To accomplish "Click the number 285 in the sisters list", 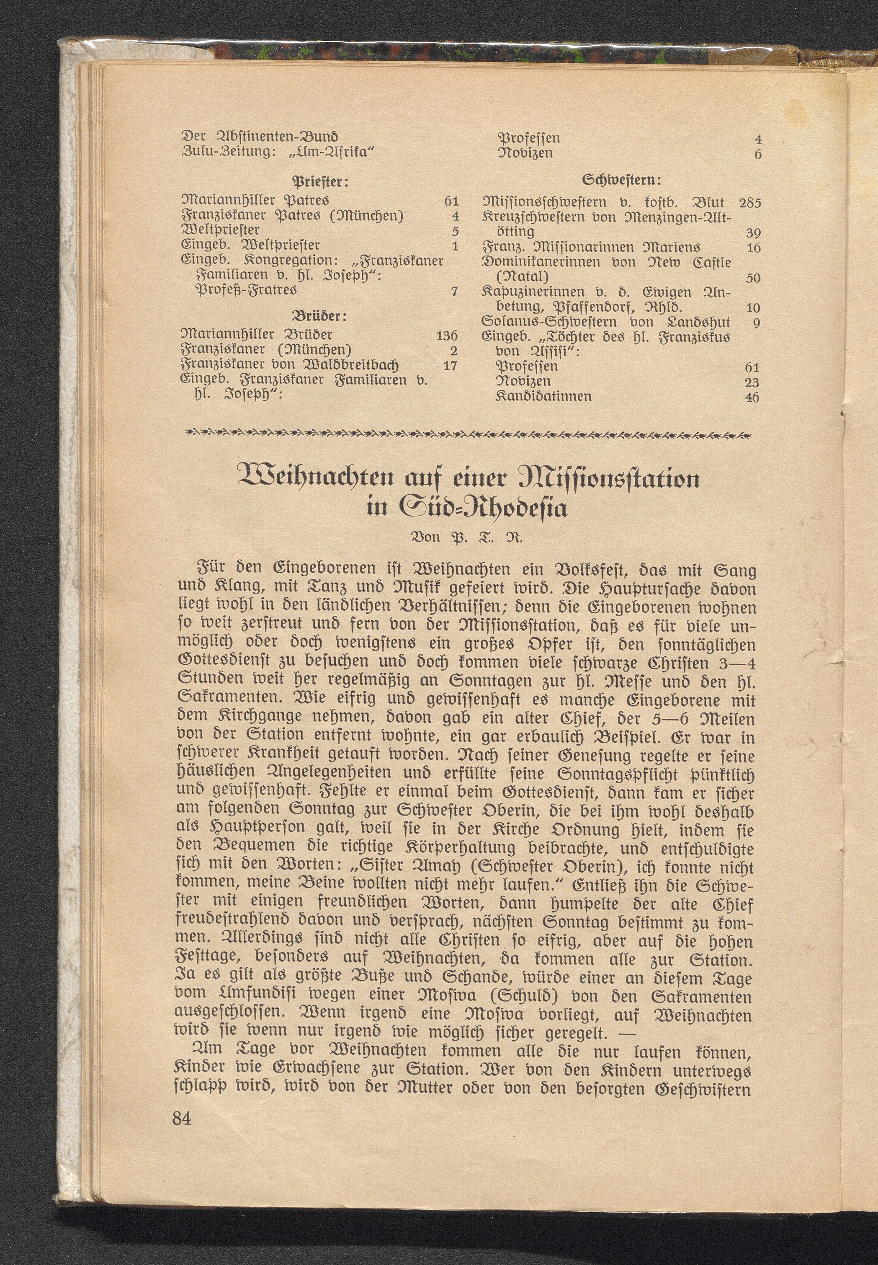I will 750,203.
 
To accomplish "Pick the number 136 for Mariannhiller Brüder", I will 446,336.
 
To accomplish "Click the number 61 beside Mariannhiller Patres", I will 451,201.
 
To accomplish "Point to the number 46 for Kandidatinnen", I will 752,397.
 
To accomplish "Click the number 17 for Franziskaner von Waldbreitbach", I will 450,365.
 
